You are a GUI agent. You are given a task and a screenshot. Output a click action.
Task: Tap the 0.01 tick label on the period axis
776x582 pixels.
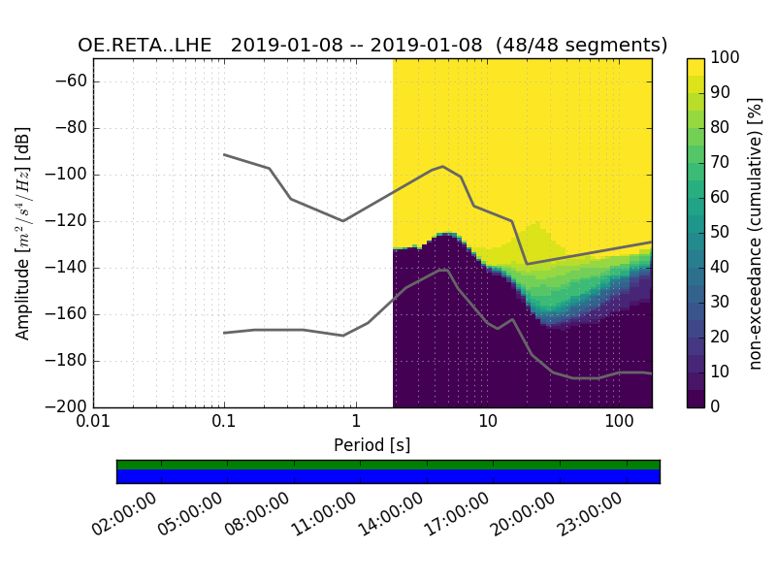(93, 423)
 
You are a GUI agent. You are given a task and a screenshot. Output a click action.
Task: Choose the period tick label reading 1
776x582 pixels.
(356, 423)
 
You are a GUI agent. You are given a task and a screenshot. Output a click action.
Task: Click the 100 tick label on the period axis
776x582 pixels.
(619, 423)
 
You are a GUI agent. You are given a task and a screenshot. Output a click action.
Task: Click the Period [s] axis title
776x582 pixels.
(372, 445)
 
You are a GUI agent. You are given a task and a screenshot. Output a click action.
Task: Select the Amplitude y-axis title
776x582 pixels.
(23, 233)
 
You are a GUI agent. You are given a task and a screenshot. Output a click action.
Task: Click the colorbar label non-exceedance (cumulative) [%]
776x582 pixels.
(755, 233)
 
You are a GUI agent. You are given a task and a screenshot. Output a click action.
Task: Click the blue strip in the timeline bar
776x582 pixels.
(388, 476)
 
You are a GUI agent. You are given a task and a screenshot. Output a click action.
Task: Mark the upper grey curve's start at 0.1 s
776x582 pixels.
(224, 154)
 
